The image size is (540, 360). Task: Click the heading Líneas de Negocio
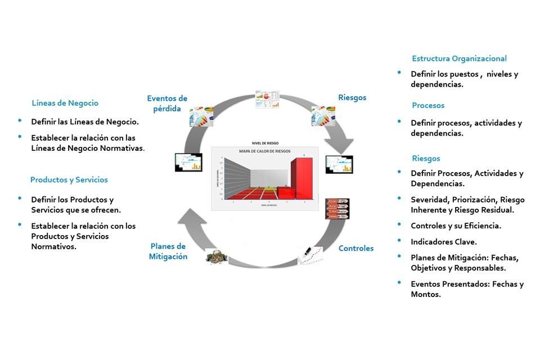65,103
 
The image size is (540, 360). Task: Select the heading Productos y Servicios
69,180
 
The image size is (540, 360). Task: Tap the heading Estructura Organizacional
459,58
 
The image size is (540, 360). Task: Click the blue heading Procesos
427,105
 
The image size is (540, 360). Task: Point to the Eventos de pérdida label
167,103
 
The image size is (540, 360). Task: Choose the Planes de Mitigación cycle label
168,251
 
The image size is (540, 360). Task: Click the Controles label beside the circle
355,248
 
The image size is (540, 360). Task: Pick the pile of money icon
216,255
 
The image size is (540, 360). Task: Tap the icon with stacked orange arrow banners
337,208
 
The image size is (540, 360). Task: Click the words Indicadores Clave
444,241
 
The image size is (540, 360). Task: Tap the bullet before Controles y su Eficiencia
399,225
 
